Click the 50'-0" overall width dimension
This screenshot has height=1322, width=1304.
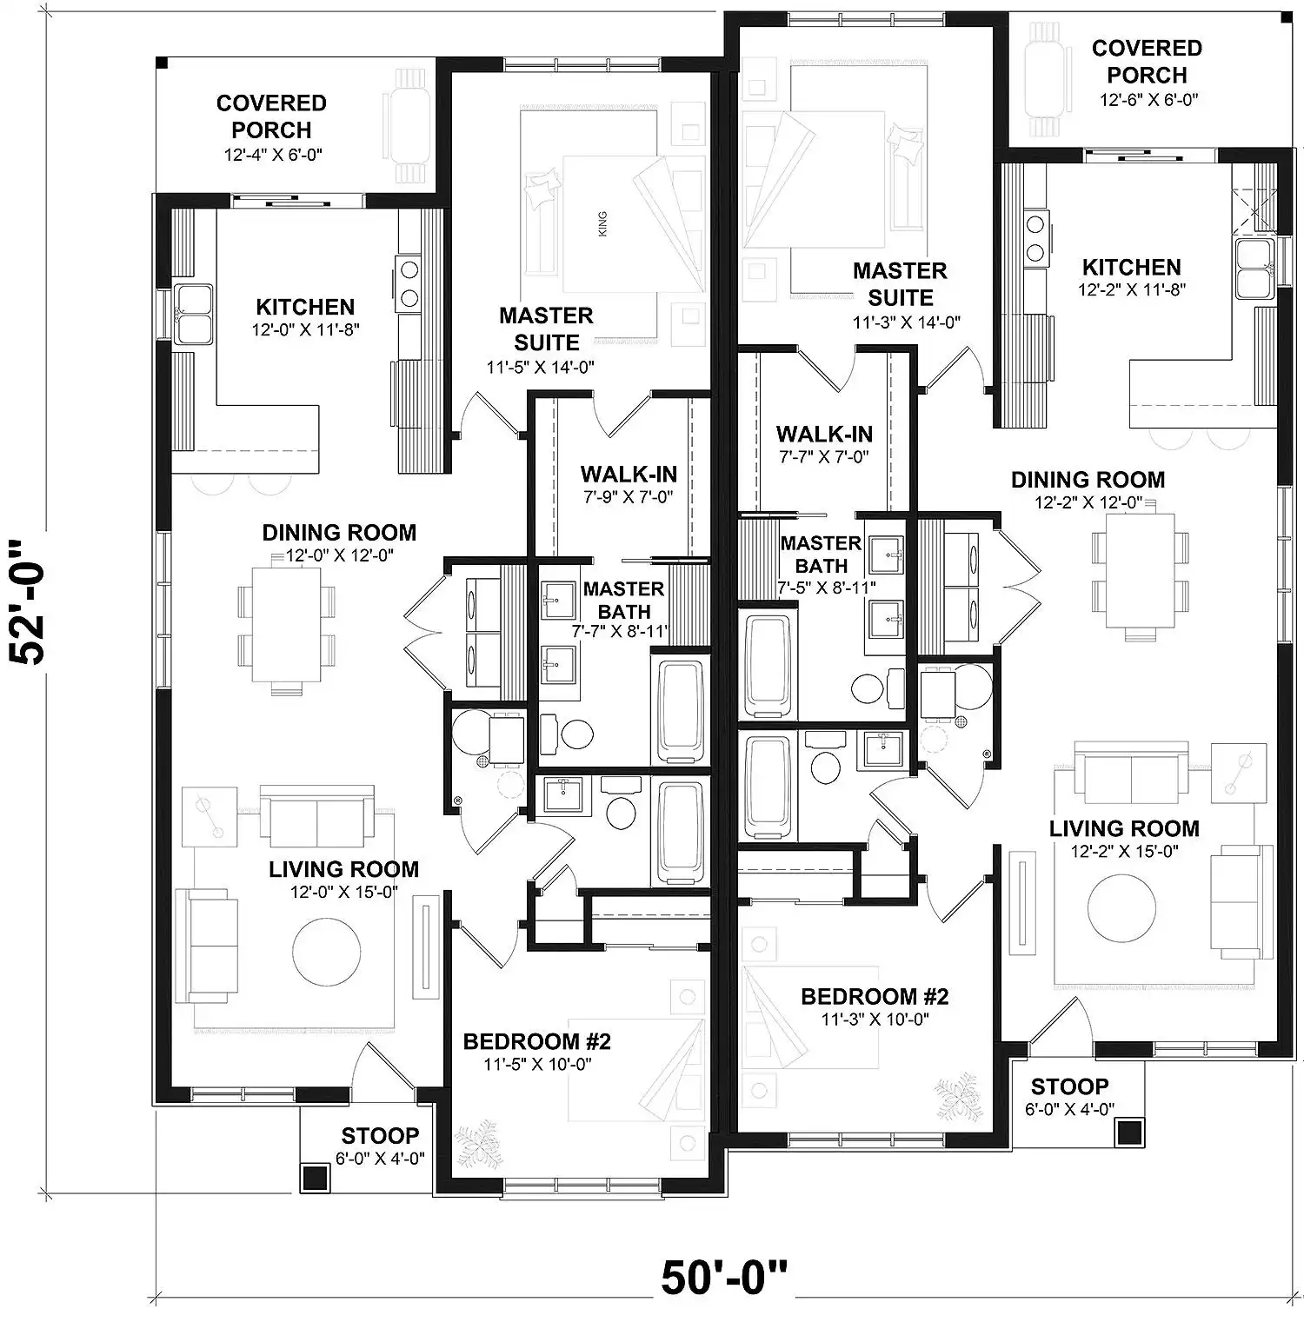[724, 1278]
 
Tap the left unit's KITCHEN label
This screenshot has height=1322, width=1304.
[305, 307]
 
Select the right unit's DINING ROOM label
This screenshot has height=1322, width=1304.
[1088, 480]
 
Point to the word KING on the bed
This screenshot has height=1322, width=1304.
[603, 223]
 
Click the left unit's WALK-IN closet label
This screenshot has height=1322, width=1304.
[629, 475]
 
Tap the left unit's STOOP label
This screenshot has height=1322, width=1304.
[380, 1136]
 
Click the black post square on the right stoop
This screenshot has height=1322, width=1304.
[1129, 1133]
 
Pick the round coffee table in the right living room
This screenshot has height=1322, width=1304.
[1122, 908]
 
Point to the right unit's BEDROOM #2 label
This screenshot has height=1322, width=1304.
[875, 996]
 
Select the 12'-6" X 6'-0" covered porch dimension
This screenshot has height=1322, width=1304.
[1148, 100]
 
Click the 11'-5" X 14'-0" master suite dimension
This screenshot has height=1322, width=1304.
[540, 367]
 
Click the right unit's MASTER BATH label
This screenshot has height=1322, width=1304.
[821, 554]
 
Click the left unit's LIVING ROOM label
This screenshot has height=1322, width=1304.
[343, 869]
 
